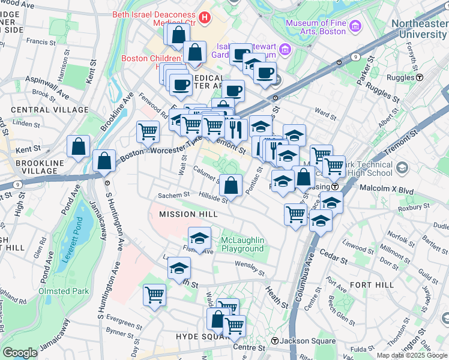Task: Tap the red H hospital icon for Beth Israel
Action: (x=205, y=17)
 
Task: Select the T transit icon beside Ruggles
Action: (x=420, y=77)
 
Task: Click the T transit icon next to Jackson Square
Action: (x=274, y=341)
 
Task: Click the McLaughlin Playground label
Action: (x=243, y=244)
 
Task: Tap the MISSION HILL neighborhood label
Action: (x=187, y=214)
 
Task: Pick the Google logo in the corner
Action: (x=19, y=352)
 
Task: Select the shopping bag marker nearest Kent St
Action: (x=79, y=146)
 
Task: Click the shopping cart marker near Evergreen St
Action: (x=154, y=295)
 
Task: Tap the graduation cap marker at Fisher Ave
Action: (x=199, y=238)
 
